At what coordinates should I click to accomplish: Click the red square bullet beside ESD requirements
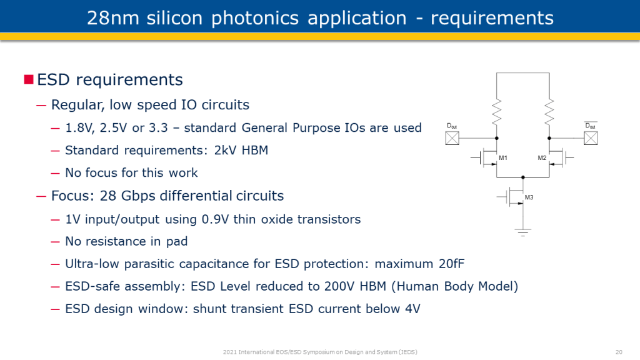click(x=29, y=79)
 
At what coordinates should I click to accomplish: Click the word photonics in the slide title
click(x=255, y=18)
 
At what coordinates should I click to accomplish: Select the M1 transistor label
click(x=503, y=158)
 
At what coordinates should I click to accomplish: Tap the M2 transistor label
click(x=542, y=158)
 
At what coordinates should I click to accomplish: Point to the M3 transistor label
click(x=529, y=197)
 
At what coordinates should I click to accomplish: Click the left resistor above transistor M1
click(x=497, y=111)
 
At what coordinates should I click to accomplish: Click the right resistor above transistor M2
click(x=549, y=111)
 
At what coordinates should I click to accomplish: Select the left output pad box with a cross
click(x=452, y=138)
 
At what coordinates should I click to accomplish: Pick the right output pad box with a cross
click(x=591, y=138)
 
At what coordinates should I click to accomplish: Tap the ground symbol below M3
click(x=523, y=232)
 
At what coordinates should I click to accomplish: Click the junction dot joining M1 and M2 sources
click(x=523, y=177)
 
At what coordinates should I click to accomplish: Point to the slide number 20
click(x=619, y=352)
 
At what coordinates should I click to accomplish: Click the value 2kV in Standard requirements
click(x=225, y=150)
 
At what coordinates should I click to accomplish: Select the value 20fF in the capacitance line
click(x=452, y=264)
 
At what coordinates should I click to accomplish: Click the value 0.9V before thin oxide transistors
click(x=216, y=219)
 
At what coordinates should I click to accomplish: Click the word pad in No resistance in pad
click(x=177, y=242)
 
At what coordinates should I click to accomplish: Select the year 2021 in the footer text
click(x=229, y=352)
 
